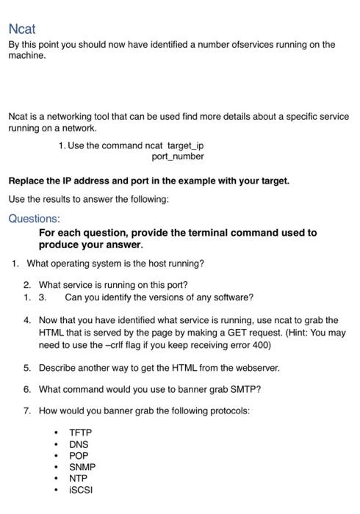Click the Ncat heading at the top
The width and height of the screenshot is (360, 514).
(x=22, y=29)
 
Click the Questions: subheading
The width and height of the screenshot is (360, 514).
(x=34, y=218)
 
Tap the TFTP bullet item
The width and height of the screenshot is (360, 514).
(x=80, y=432)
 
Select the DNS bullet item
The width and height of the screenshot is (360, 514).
(x=79, y=444)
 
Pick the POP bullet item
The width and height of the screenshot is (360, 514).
(x=79, y=455)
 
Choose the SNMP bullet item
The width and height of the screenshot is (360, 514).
(x=82, y=467)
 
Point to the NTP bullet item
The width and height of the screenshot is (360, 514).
(x=79, y=478)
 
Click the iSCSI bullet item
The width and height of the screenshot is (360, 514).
(x=81, y=490)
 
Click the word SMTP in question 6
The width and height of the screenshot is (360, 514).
(x=230, y=389)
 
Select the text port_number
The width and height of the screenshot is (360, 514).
(x=178, y=156)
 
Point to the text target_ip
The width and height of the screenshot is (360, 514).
(x=186, y=145)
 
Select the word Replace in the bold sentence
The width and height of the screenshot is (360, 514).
(x=27, y=181)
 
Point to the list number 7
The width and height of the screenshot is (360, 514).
(x=27, y=410)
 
